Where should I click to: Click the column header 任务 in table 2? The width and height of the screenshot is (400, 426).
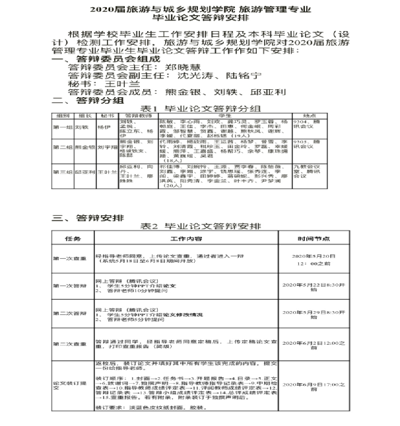coord(71,238)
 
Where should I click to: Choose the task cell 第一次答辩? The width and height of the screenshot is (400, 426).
coord(70,285)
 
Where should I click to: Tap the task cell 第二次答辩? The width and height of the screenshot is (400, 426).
coord(70,313)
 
